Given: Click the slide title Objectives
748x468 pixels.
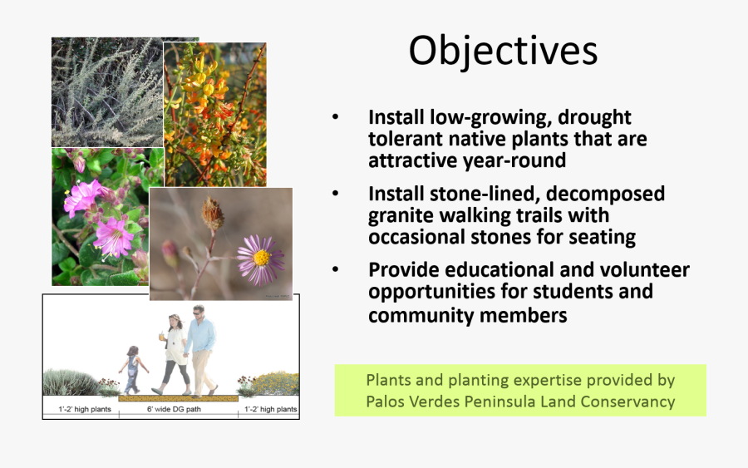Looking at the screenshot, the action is (x=503, y=52).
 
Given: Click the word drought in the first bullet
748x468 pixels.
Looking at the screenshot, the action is (x=594, y=117).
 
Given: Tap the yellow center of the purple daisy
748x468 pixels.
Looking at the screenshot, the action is (x=262, y=258).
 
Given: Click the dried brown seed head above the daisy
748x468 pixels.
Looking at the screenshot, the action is (x=212, y=214).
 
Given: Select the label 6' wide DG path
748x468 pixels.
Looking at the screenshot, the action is (x=174, y=409).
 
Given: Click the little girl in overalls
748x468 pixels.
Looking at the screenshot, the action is (x=133, y=370).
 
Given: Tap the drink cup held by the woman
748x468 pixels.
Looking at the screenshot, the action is (x=162, y=336).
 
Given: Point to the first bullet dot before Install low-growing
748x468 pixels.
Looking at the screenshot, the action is (x=336, y=117).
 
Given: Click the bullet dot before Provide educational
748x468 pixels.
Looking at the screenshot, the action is (x=336, y=269).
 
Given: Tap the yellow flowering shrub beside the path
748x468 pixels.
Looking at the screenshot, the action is (x=275, y=383).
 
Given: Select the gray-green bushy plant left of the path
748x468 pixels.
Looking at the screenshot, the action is (x=71, y=382).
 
